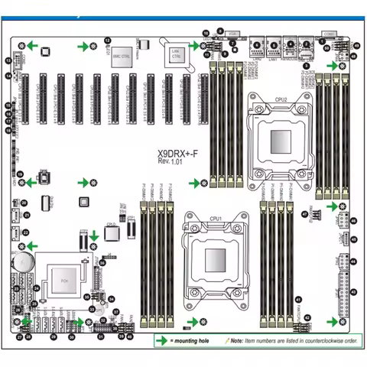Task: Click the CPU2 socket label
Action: pyautogui.click(x=281, y=99)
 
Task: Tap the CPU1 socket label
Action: pyautogui.click(x=214, y=217)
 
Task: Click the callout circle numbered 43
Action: pyautogui.click(x=353, y=292)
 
